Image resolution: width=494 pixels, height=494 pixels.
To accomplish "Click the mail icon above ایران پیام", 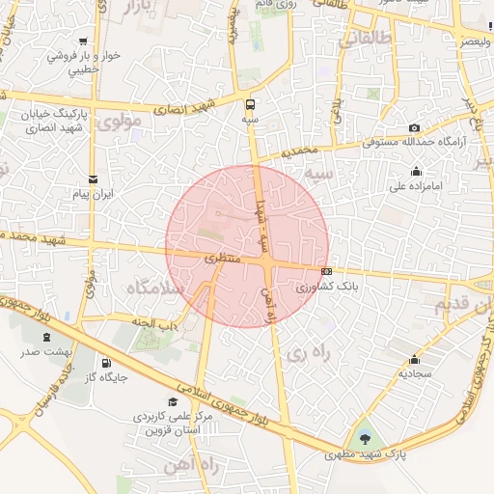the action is pos(93,179).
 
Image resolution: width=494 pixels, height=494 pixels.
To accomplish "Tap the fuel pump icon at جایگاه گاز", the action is pos(105,364).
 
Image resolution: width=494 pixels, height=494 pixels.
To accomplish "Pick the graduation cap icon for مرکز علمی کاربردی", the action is pos(173,401).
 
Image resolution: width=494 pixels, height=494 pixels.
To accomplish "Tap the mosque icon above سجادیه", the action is pos(415,359).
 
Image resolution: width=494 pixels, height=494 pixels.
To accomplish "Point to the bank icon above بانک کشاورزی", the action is pos(327,271).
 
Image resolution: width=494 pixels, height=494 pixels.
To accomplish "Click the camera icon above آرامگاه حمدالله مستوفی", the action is pos(414,127).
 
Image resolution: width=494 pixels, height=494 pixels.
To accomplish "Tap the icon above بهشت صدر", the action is pos(46,337).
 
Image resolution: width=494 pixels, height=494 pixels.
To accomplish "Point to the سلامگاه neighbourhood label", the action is pos(149,288).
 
